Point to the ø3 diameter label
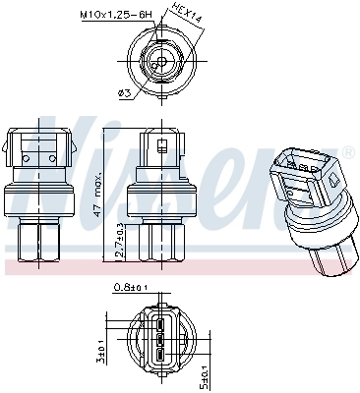click(124, 93)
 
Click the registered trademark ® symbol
click(347, 153)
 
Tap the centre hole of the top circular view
click(160, 62)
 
